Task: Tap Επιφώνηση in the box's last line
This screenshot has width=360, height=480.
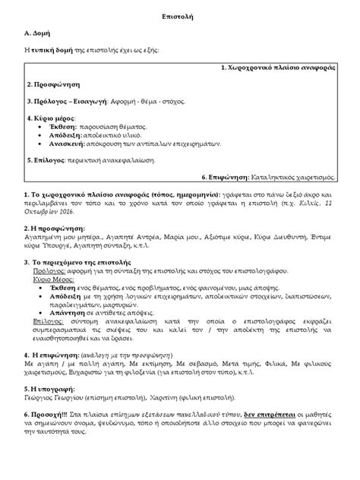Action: (227, 177)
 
